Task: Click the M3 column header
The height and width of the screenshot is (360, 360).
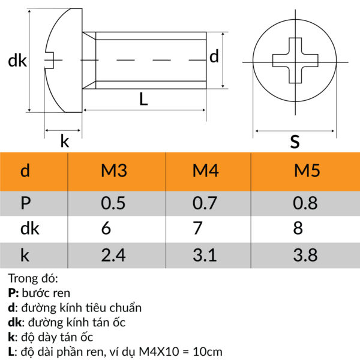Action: click(x=113, y=172)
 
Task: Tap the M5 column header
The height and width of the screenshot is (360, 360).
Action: click(x=306, y=172)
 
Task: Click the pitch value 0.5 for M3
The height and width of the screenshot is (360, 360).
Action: click(x=113, y=203)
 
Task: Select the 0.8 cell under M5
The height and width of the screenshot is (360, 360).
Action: click(x=306, y=203)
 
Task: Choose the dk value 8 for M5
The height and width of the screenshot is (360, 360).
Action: click(x=298, y=229)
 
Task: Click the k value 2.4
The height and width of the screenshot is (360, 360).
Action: click(x=113, y=255)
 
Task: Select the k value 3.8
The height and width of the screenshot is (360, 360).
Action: click(x=306, y=255)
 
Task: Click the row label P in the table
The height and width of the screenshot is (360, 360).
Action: click(x=25, y=203)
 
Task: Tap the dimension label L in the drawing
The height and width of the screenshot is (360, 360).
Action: click(x=143, y=100)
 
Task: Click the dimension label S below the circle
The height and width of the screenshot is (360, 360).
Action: click(x=295, y=142)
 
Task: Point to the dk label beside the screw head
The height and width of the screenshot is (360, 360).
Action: click(x=16, y=61)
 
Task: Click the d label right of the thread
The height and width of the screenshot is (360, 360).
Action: click(x=214, y=57)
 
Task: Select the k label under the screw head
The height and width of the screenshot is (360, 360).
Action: click(x=64, y=142)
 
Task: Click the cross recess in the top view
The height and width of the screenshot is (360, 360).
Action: click(x=295, y=61)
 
